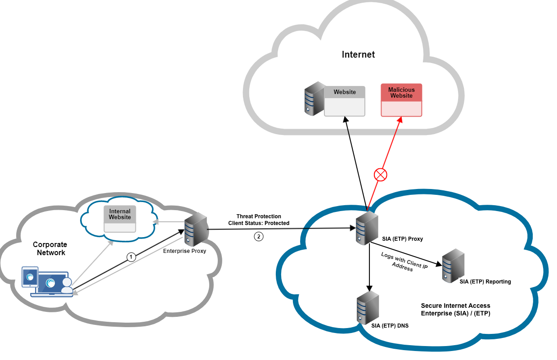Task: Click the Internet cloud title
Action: (x=358, y=55)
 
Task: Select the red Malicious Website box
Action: (x=401, y=100)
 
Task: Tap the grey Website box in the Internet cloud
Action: (x=344, y=101)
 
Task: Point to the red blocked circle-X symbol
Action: (x=381, y=175)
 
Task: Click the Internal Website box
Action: (x=120, y=219)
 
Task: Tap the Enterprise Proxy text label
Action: (x=184, y=251)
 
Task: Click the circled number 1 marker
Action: (x=131, y=257)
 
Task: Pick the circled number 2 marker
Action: (x=258, y=236)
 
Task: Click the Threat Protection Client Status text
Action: (x=259, y=220)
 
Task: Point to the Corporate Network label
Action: (x=50, y=249)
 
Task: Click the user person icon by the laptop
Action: (x=67, y=286)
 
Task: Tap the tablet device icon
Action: (x=30, y=276)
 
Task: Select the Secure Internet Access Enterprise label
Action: (x=455, y=310)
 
